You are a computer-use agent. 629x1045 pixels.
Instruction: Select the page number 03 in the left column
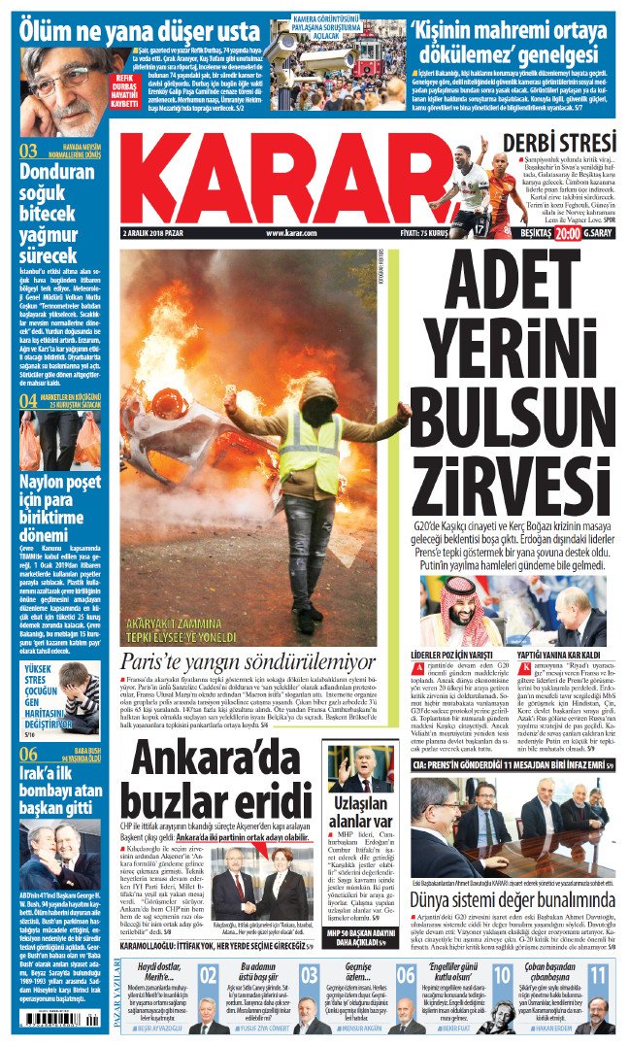click(x=28, y=151)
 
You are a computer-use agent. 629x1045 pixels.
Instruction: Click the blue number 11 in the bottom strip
click(x=598, y=974)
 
